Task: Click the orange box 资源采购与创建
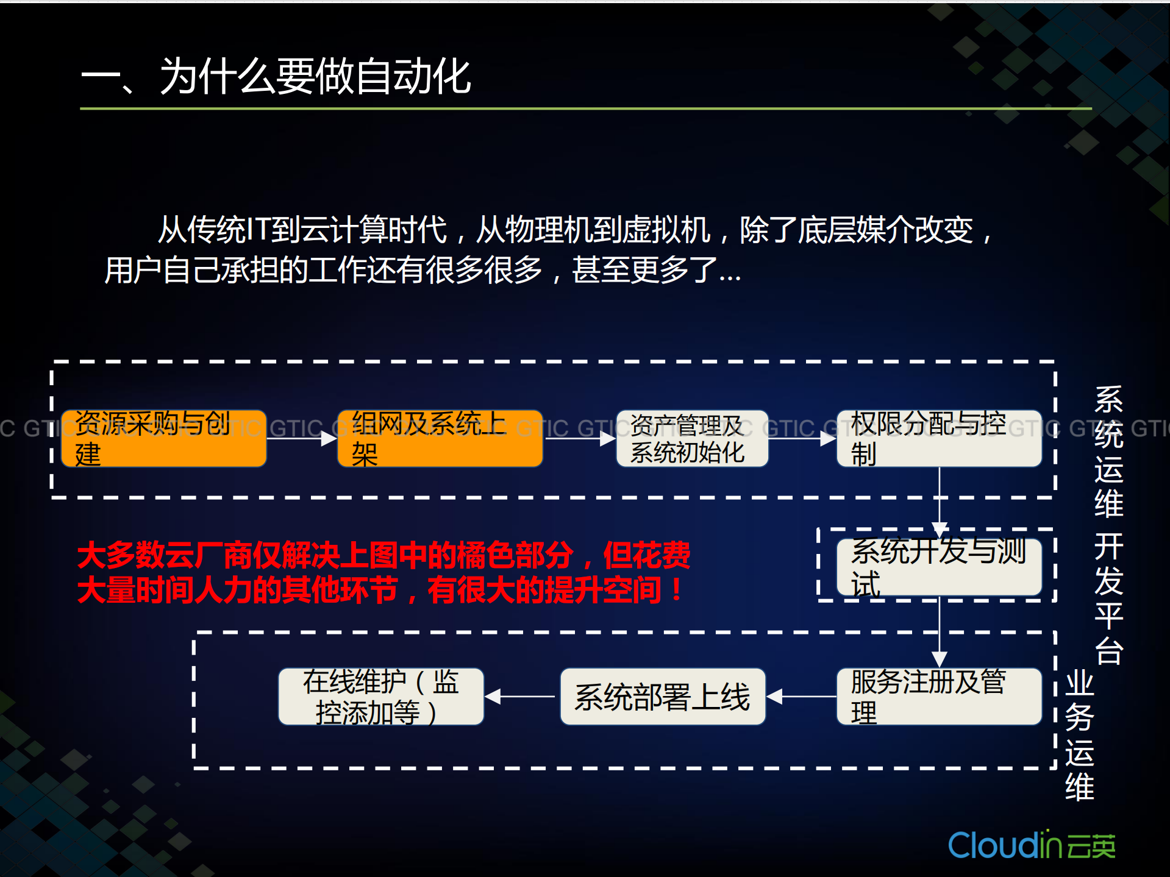point(163,439)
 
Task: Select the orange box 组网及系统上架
point(440,439)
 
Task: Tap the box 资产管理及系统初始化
point(692,439)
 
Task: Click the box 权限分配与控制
point(939,439)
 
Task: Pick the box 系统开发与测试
point(939,567)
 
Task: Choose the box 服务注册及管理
point(939,697)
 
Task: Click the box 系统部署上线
point(663,697)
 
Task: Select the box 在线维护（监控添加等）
point(381,697)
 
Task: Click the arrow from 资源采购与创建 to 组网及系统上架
point(302,438)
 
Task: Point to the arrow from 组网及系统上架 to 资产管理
point(579,438)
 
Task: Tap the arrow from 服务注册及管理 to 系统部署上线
point(801,696)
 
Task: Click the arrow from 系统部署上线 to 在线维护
point(522,696)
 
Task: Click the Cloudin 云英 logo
point(1032,846)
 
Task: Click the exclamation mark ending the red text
point(676,589)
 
